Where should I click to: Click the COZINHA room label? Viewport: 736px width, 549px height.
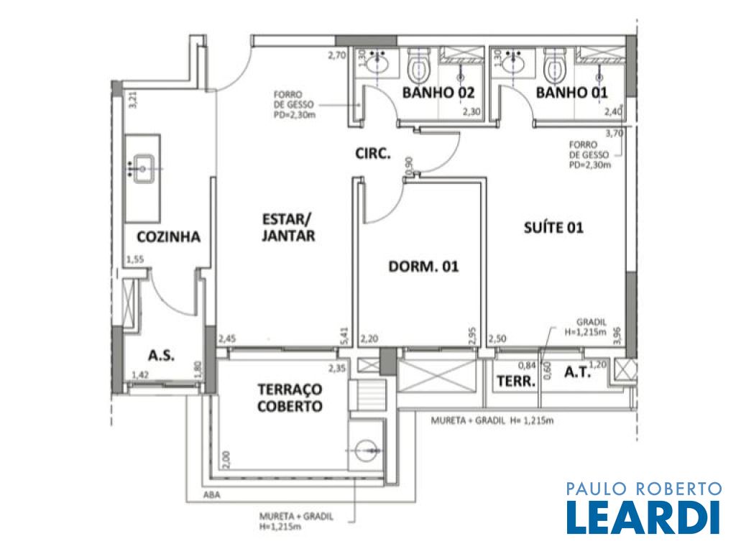(x=168, y=236)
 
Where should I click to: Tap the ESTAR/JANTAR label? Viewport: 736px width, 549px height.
(x=287, y=228)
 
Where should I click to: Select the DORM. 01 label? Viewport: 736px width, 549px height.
(x=423, y=267)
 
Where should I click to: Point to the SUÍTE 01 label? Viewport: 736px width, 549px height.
(x=553, y=228)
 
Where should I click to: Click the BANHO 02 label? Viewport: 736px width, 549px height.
(x=438, y=93)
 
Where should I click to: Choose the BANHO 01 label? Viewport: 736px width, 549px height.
(x=571, y=93)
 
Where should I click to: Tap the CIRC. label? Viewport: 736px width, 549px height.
(x=373, y=154)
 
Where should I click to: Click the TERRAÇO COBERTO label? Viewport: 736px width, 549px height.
(x=290, y=397)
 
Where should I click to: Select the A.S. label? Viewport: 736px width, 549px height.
(x=162, y=356)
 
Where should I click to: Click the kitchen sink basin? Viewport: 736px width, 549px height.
(x=143, y=168)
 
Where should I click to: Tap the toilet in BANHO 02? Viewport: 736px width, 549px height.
(x=418, y=66)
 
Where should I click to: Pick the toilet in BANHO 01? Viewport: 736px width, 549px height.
(x=555, y=65)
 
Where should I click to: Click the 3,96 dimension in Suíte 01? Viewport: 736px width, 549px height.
(x=617, y=336)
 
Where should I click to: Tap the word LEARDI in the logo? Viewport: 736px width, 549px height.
(x=643, y=517)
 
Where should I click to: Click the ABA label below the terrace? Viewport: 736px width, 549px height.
(x=211, y=494)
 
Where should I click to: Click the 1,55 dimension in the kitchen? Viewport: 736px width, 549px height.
(x=135, y=259)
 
